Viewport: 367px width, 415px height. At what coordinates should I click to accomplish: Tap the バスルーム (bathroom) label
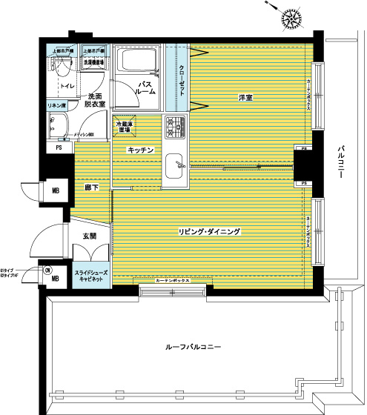click(145, 89)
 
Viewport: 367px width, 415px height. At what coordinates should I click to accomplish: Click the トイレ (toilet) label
click(67, 87)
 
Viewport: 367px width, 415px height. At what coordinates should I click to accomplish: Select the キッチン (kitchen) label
click(141, 150)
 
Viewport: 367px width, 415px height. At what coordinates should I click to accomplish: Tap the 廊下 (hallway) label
click(93, 189)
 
